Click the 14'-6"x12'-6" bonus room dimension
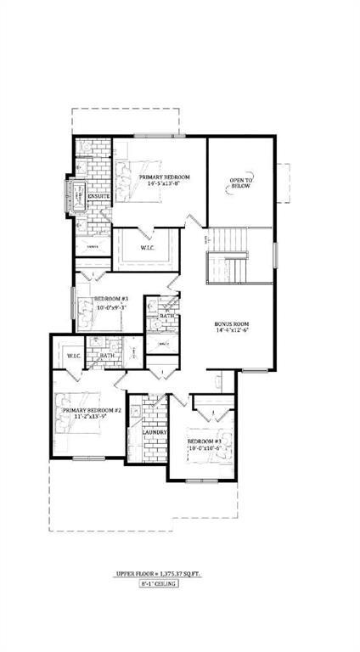(233, 332)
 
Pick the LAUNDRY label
(155, 433)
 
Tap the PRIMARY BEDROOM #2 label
(92, 410)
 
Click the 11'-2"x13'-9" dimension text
(92, 418)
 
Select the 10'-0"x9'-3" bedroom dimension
(110, 308)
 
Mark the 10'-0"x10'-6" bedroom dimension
(205, 449)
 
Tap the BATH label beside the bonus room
(166, 317)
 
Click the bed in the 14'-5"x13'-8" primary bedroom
(136, 181)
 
